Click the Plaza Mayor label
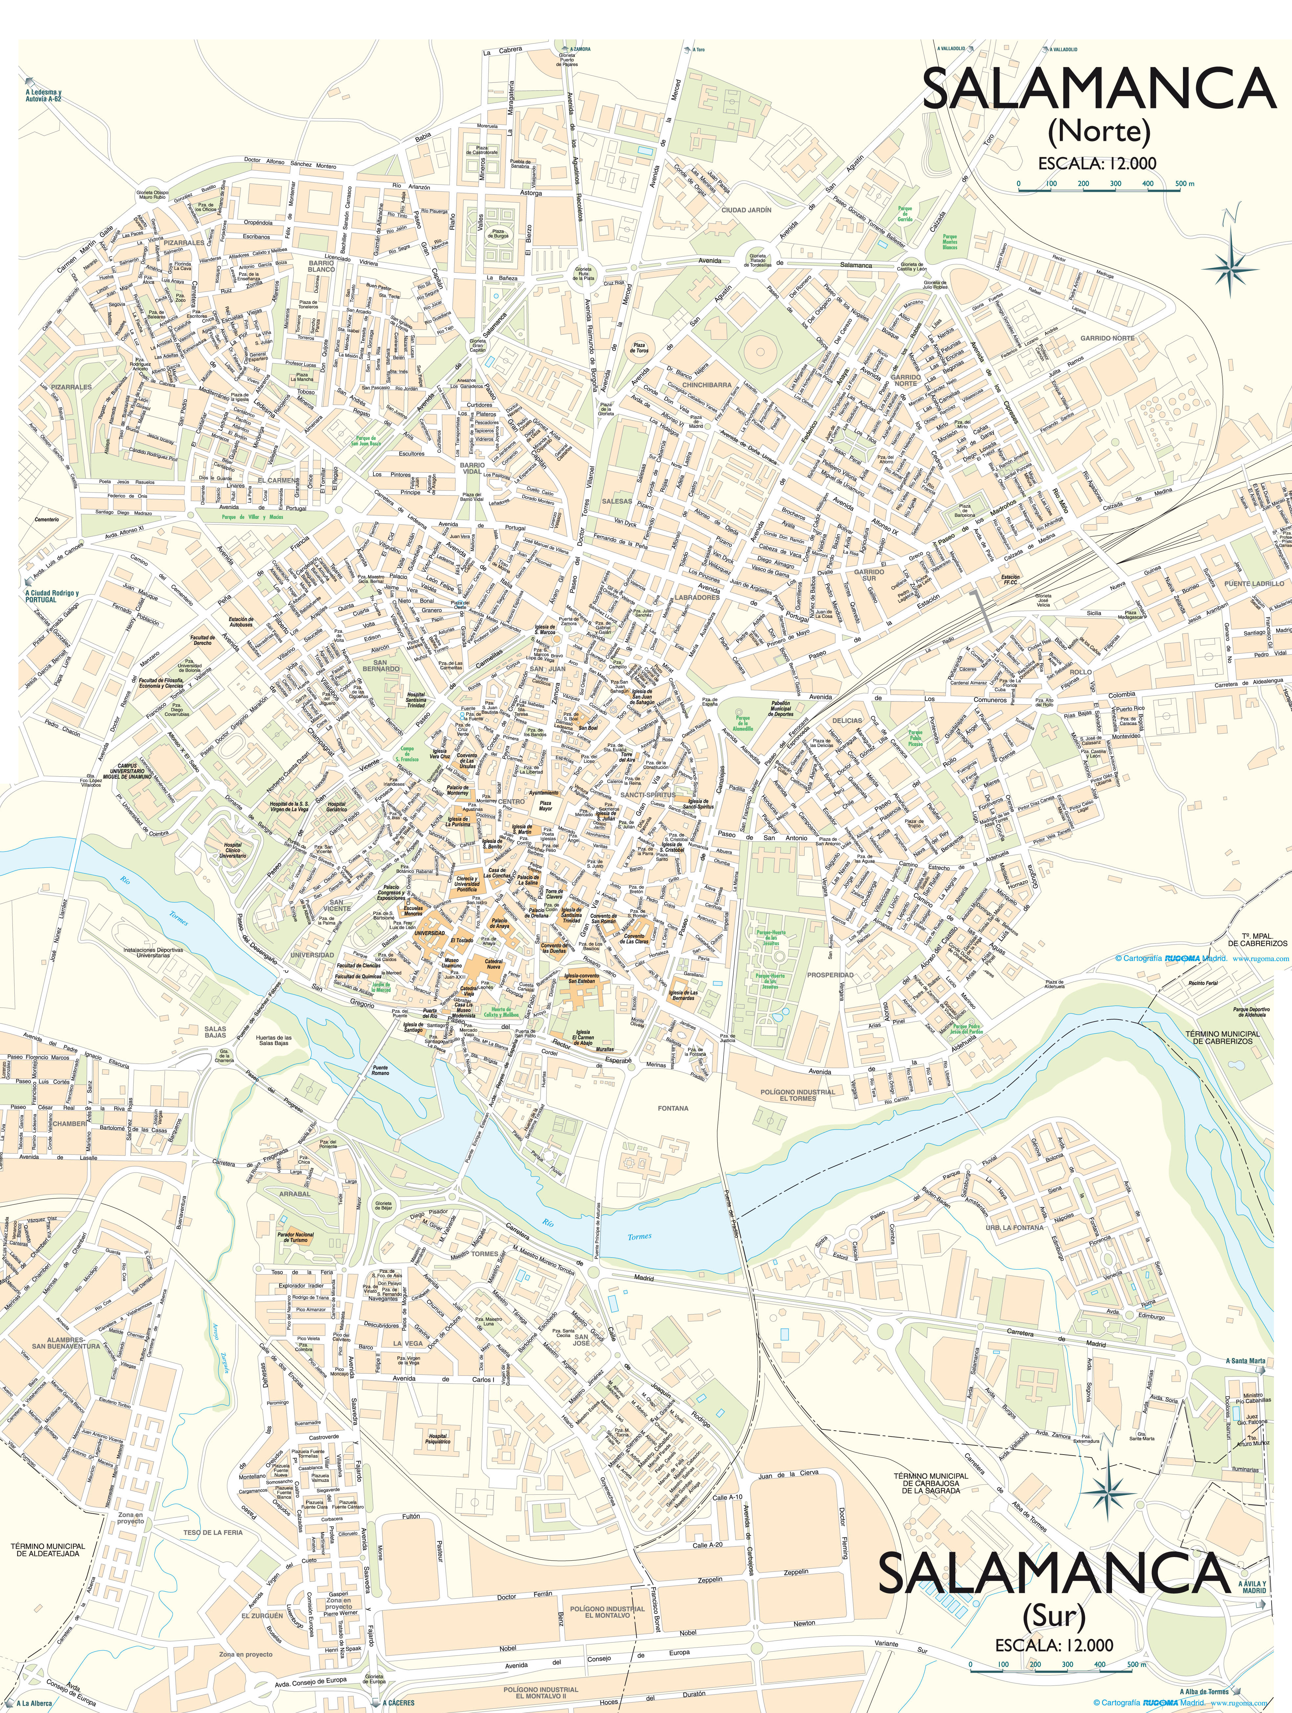545,807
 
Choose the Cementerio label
47,520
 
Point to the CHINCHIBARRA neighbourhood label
707,385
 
